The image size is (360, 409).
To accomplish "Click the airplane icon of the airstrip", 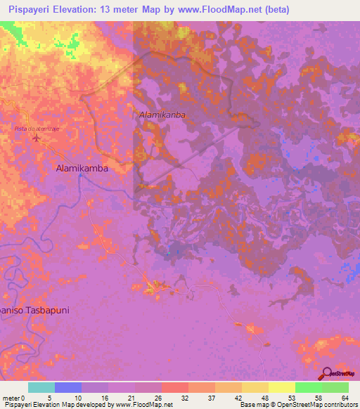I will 37,137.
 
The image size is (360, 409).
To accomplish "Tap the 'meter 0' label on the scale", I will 14,397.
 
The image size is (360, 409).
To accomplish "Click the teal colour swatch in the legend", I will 41,387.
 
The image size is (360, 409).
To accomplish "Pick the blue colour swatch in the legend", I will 68,387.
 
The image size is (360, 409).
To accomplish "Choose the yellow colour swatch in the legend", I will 282,387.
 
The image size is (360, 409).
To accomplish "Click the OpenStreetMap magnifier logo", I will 327,373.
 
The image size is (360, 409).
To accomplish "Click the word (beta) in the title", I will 272,11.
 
